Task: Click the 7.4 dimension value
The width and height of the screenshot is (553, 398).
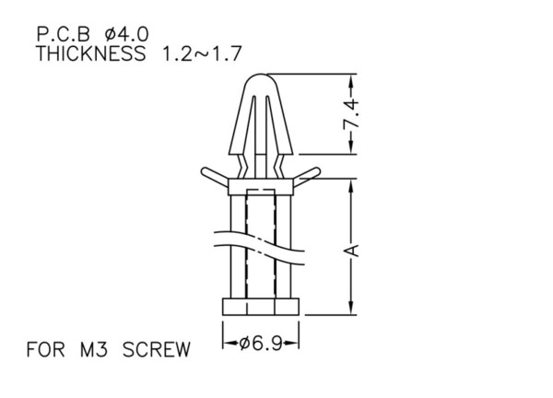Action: (350, 114)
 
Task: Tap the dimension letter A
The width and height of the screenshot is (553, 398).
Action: (351, 251)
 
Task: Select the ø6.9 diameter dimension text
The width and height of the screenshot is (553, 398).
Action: (261, 344)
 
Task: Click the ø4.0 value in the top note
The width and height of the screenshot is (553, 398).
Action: (127, 35)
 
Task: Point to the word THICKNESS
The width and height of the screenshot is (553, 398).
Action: (91, 53)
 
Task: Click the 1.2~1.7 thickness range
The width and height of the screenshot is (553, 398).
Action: (202, 53)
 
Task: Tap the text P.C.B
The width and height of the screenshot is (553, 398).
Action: (64, 35)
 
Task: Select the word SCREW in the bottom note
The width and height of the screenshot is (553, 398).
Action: (157, 350)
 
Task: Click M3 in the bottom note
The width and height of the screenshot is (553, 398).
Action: (94, 350)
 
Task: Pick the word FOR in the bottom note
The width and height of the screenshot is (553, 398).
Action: (46, 350)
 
